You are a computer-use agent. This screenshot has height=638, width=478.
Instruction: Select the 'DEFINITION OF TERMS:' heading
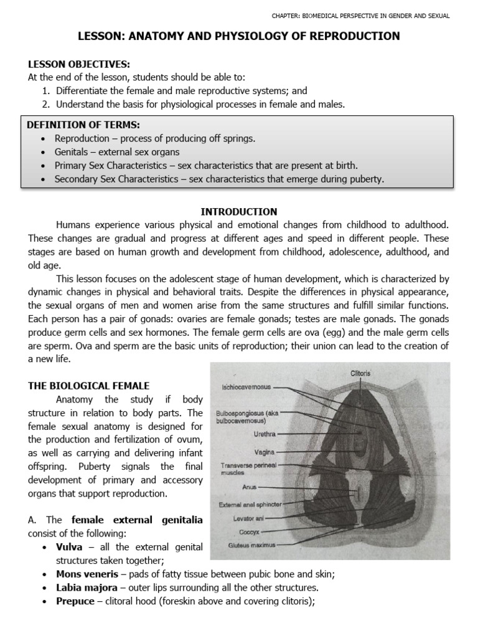point(74,125)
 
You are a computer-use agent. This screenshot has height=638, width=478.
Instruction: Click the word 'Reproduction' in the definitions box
point(82,138)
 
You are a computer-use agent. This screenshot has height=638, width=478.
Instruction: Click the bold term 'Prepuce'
point(75,601)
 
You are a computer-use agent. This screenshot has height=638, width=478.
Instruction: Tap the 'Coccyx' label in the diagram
point(250,533)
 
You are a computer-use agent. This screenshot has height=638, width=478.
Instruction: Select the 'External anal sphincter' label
point(245,505)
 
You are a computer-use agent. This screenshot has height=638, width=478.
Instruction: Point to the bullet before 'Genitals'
point(42,152)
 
